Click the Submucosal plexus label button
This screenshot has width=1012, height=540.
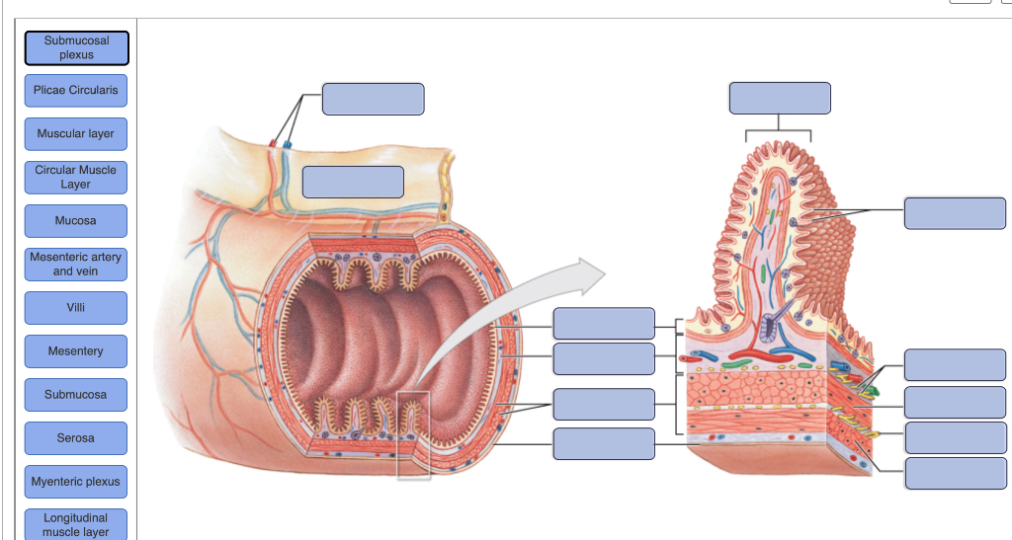coord(76,47)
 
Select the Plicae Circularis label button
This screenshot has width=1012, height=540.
coord(76,90)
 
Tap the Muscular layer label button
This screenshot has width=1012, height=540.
coord(76,133)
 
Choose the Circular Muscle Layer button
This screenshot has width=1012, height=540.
coord(76,177)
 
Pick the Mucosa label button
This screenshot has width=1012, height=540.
coord(76,220)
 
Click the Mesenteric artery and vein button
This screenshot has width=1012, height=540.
coord(76,264)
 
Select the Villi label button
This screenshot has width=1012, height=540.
coord(76,307)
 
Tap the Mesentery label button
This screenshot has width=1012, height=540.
coord(76,350)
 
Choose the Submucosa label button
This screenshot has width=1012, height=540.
coord(76,394)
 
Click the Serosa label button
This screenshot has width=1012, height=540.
coord(76,437)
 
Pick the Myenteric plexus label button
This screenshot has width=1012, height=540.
coord(76,481)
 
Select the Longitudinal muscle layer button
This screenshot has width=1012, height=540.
coord(76,524)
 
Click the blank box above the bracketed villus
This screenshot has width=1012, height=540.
coord(780,99)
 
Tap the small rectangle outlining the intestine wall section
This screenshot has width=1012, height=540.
coord(414,435)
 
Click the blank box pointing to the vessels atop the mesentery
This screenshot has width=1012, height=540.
coord(373,99)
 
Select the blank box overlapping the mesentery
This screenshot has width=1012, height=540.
coord(353,182)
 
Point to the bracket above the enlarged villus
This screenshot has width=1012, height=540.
coord(778,131)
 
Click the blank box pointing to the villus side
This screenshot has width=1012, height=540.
coord(954,212)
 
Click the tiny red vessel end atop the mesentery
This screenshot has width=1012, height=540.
coord(273,144)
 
